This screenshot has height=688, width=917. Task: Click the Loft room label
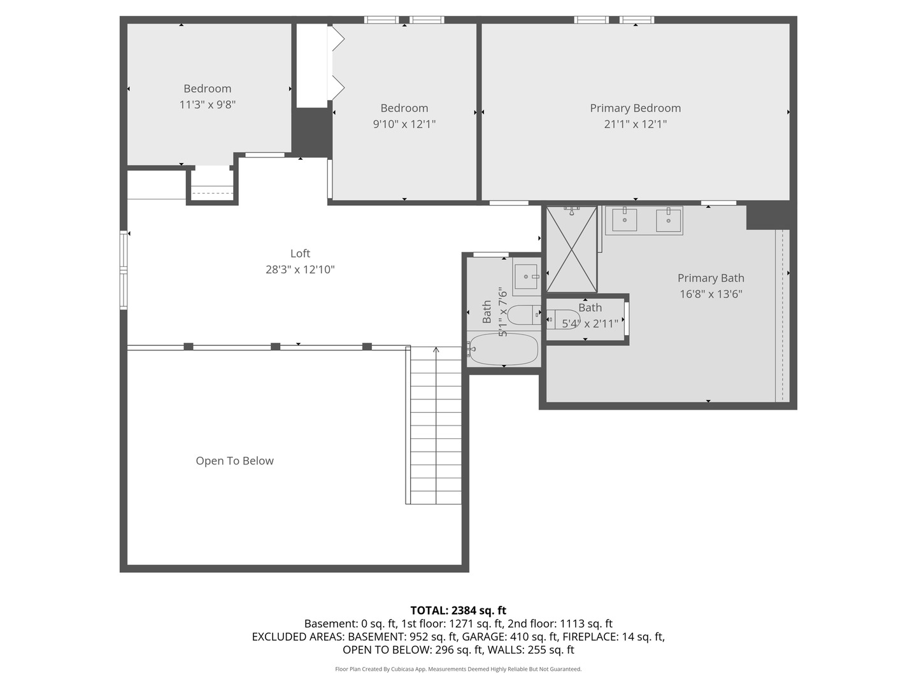(x=300, y=254)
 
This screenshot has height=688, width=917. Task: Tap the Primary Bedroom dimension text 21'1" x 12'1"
(x=635, y=124)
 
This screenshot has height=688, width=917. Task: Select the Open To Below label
(x=234, y=461)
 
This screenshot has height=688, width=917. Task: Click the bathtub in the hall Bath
(x=503, y=349)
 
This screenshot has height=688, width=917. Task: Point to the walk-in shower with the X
(x=571, y=250)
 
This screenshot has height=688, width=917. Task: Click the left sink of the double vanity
(x=625, y=220)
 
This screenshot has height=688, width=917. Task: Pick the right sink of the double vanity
(x=668, y=220)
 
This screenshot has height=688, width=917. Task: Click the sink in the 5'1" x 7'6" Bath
(x=526, y=276)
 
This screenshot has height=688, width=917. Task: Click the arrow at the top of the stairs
(x=436, y=350)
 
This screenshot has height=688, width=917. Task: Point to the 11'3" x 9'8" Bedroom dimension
(x=208, y=104)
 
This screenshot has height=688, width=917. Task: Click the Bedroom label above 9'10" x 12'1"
(x=404, y=108)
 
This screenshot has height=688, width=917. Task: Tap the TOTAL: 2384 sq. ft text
(x=458, y=610)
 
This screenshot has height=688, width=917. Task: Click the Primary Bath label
(x=711, y=278)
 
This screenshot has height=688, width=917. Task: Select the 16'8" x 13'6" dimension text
(x=711, y=294)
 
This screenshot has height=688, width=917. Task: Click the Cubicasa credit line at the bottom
(x=458, y=669)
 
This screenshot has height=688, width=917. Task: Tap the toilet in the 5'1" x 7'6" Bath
(x=525, y=315)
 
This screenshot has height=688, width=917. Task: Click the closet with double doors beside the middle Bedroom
(x=312, y=66)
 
